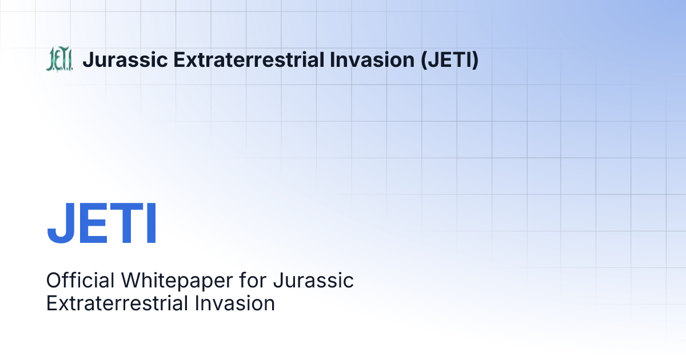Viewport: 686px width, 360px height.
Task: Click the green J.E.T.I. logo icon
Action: coord(59,60)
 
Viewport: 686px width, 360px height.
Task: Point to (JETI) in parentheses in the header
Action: coord(449,60)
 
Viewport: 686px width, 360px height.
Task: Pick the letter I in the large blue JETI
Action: coord(151,223)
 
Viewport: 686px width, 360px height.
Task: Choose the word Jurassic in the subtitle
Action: coord(314,281)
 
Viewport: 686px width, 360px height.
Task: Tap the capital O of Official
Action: coord(54,281)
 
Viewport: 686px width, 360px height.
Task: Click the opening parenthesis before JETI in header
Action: coord(424,60)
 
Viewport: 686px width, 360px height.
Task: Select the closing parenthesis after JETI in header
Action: coord(475,60)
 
